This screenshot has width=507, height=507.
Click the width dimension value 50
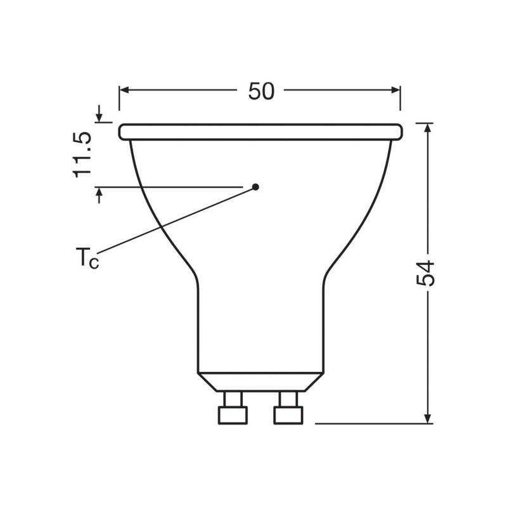click(260, 91)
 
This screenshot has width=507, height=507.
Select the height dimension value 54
click(428, 273)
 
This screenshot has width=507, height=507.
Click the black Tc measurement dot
click(255, 186)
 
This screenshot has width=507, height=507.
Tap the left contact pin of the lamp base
click(232, 409)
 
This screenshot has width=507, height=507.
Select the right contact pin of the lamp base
click(288, 409)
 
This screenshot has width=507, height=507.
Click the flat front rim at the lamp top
click(260, 132)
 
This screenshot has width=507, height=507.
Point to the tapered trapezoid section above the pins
click(260, 380)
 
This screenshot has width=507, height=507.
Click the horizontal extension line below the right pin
click(368, 423)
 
